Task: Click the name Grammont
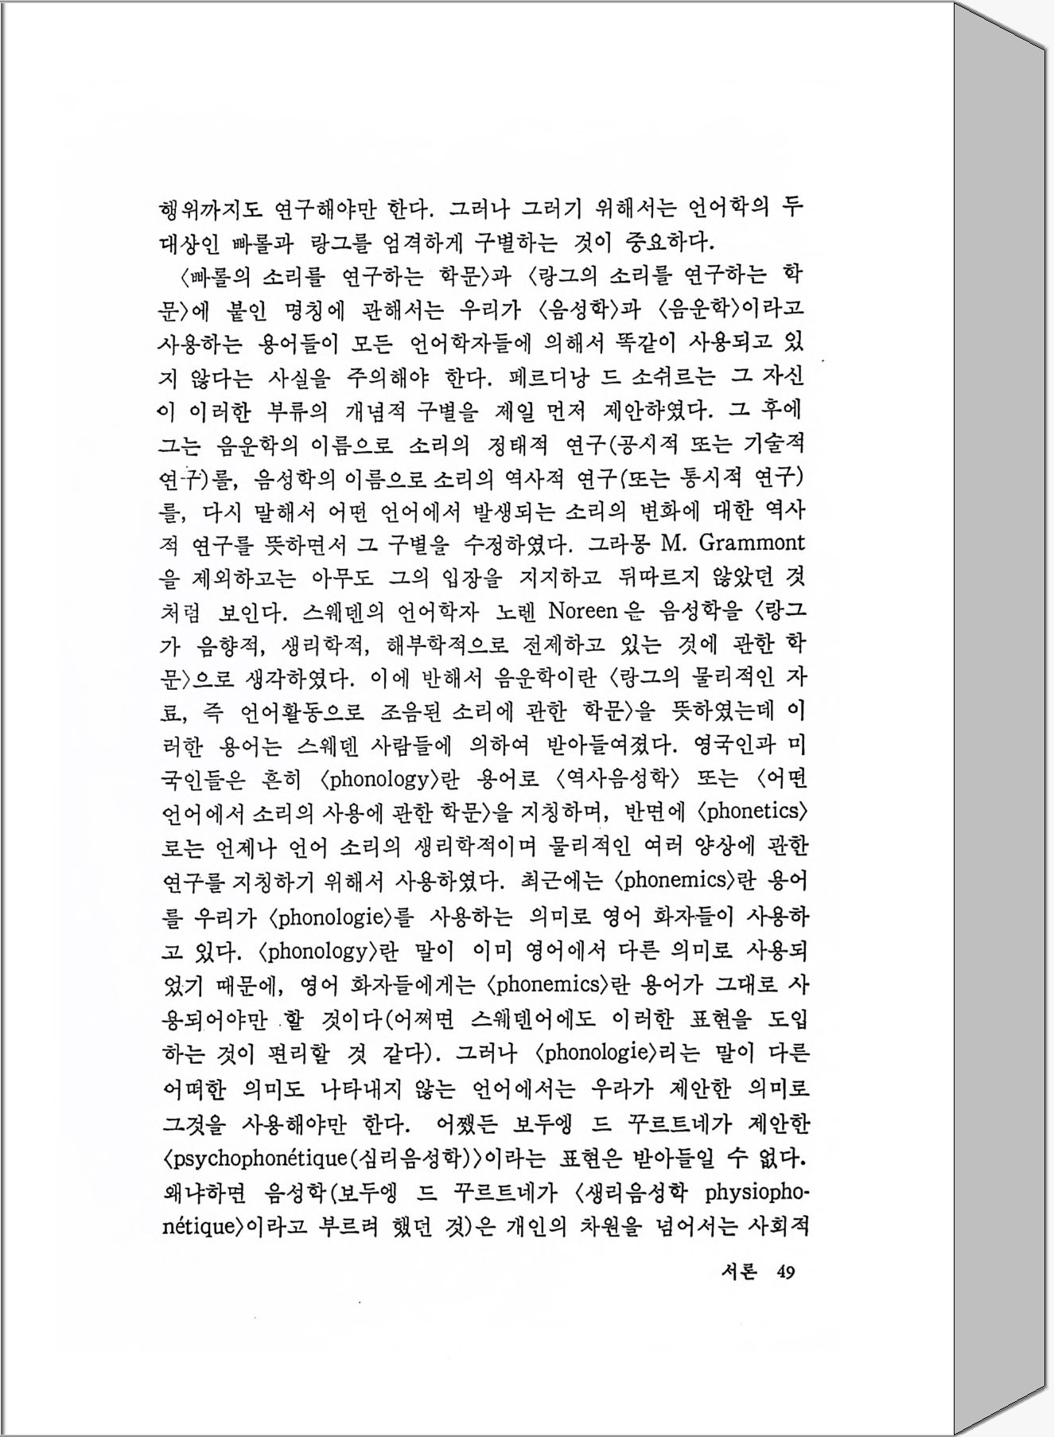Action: (x=752, y=543)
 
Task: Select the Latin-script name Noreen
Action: (x=583, y=611)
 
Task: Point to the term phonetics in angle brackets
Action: (x=752, y=812)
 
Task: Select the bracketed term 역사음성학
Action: (x=620, y=779)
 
